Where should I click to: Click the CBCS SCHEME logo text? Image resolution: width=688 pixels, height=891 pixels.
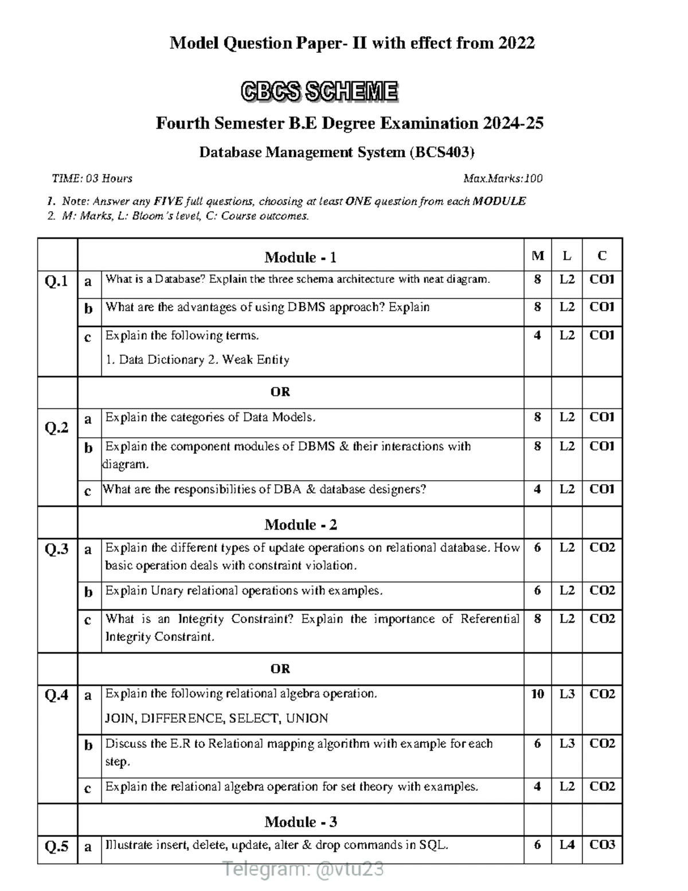(x=319, y=92)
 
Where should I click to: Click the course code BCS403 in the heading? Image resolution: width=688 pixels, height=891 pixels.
(x=441, y=152)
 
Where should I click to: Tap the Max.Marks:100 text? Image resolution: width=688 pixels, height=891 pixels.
(x=503, y=178)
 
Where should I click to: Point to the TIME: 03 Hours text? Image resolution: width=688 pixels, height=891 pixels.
(x=92, y=178)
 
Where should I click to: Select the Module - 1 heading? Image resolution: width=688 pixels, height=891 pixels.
(x=300, y=257)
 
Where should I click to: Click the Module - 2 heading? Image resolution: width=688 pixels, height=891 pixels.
(x=300, y=524)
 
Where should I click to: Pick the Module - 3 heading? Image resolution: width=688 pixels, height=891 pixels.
(x=300, y=822)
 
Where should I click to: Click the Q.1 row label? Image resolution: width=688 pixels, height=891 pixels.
(x=56, y=281)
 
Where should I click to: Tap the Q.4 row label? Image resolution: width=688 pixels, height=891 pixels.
(x=56, y=695)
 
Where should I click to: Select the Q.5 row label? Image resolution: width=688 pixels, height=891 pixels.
(x=56, y=846)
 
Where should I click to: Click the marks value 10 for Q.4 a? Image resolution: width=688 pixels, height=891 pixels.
(x=537, y=694)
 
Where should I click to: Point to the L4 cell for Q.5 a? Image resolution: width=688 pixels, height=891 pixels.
(x=566, y=845)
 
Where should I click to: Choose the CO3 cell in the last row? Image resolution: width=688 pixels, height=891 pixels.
(x=602, y=845)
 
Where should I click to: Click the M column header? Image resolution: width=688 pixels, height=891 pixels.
(x=537, y=256)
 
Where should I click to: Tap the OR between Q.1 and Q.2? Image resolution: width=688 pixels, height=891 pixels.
(x=280, y=392)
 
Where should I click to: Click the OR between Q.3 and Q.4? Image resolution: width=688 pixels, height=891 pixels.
(x=280, y=668)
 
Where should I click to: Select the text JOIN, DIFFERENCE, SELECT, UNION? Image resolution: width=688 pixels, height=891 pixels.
(x=217, y=718)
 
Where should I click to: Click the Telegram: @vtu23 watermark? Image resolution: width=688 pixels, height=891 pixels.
(x=303, y=870)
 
